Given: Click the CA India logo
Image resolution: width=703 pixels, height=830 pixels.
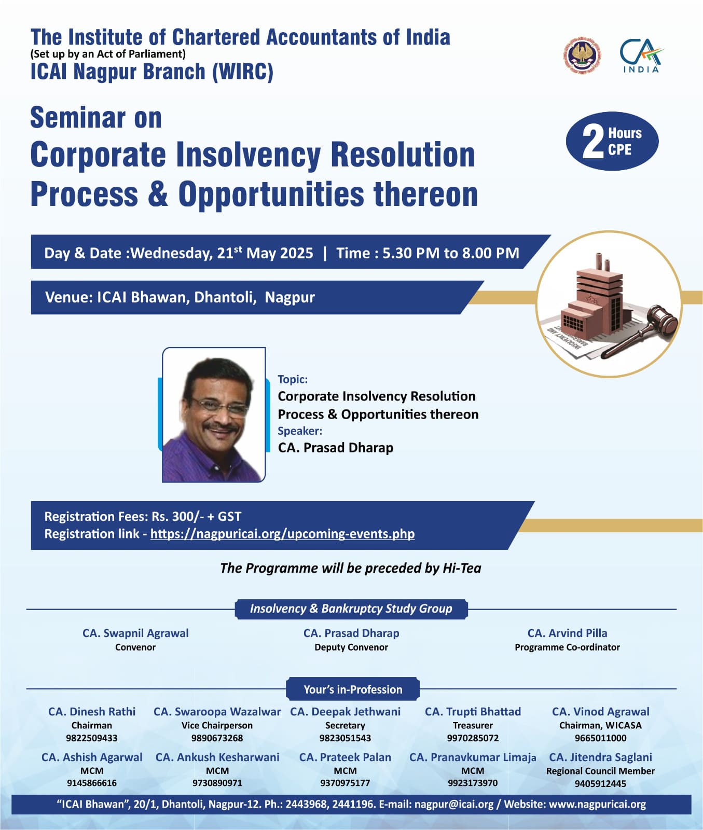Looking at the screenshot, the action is pos(641,56).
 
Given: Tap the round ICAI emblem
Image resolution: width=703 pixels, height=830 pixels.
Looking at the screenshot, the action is pos(583,54).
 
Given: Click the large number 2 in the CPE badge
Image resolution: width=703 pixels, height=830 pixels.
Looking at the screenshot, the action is pos(593,141).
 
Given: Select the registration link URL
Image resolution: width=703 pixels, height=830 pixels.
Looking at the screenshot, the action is pos(282,534).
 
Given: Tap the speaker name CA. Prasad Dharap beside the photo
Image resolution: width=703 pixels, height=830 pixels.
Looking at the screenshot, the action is pos(336,448).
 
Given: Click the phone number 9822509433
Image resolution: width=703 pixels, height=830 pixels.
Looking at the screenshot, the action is pos(92,738).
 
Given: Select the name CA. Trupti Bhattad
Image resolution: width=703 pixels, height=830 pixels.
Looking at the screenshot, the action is pos(473,712).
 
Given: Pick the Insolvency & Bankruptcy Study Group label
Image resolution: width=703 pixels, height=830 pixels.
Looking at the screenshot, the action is pos(351,608).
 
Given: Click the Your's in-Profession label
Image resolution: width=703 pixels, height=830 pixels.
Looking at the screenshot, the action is pos(353,689).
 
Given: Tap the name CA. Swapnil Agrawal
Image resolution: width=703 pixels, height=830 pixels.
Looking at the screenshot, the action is pos(135,633).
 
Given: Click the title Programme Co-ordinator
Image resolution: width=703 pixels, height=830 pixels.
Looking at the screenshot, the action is pos(567,647).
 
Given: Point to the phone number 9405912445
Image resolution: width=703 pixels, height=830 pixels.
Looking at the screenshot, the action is pos(600,783).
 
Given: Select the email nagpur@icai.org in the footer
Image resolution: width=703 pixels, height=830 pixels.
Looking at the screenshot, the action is pos(454,804).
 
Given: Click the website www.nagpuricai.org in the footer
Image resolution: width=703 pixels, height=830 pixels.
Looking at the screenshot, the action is pos(597,804).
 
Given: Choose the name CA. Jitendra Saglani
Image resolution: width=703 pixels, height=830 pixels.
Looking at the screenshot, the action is pos(600,757).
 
